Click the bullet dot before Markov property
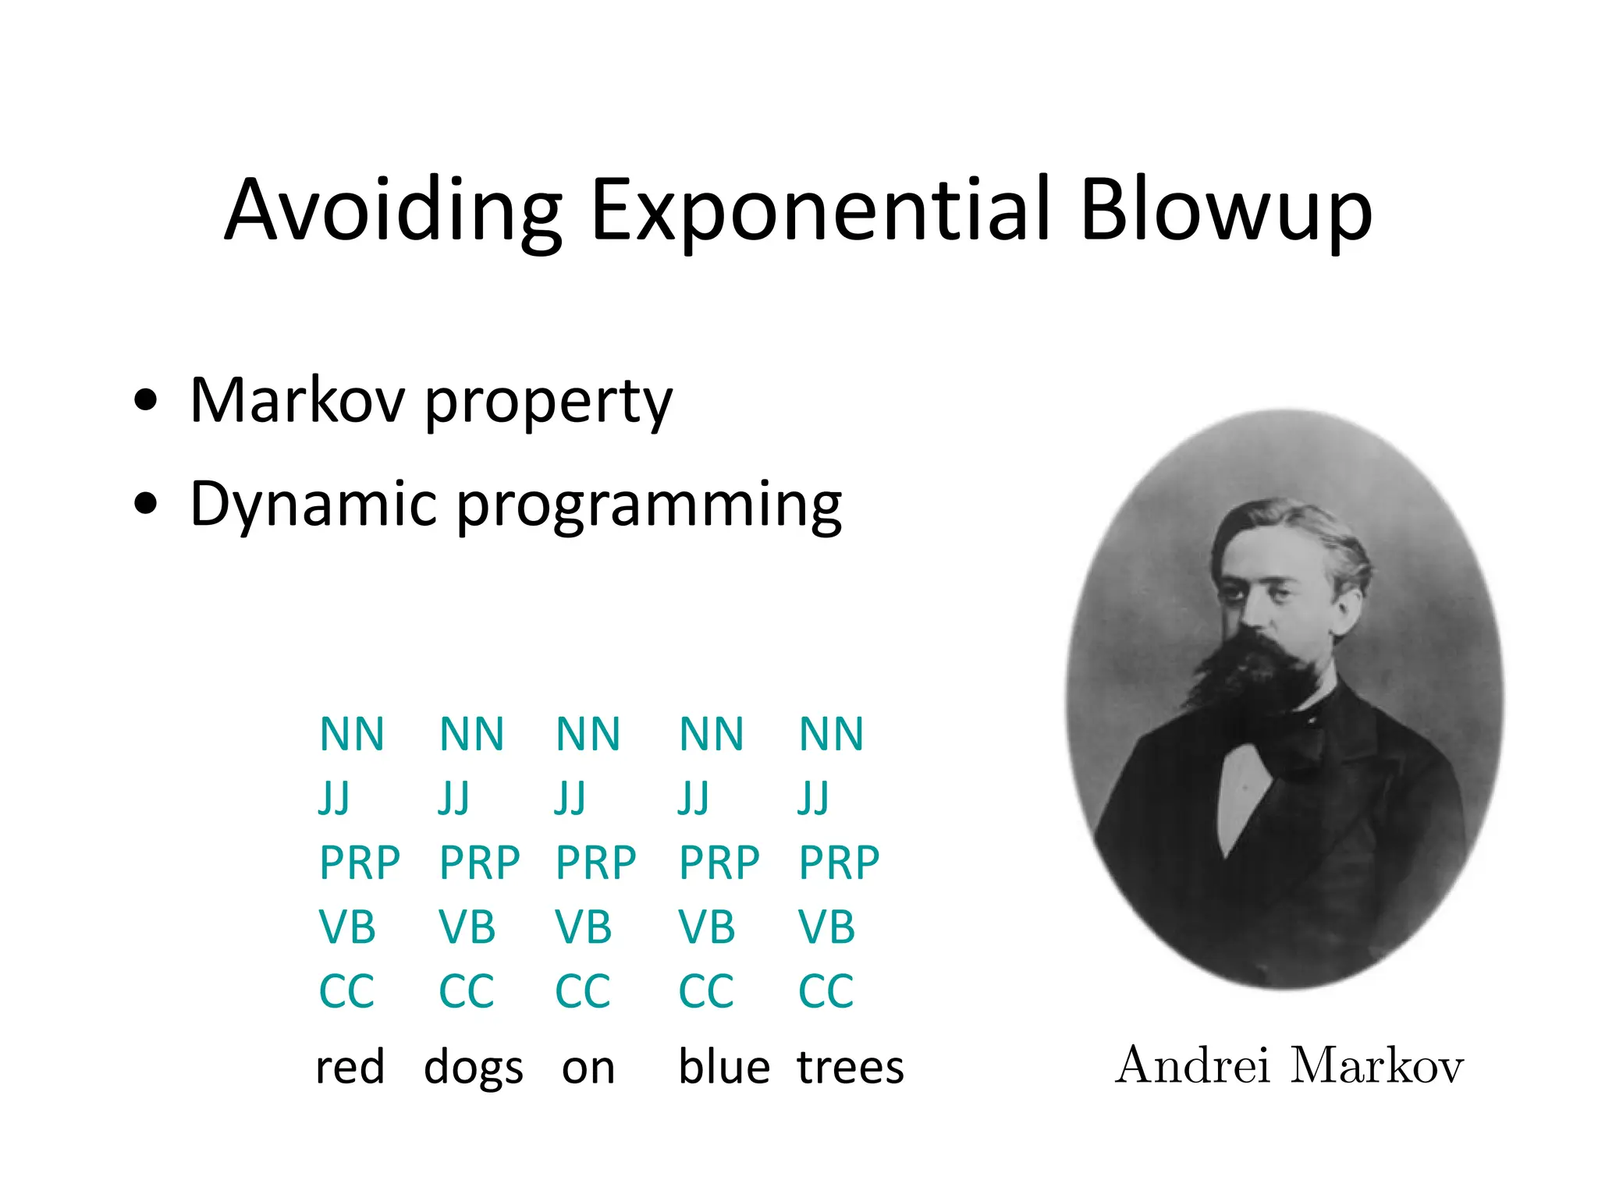(146, 402)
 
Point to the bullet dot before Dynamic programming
(146, 505)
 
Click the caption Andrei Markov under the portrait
(1289, 1065)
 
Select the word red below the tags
(350, 1068)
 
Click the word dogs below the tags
(474, 1068)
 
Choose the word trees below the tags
(850, 1068)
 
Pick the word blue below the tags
(724, 1068)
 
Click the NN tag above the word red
(352, 735)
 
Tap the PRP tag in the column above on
(596, 863)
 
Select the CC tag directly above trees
(826, 991)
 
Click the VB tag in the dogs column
(467, 927)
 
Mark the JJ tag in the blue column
(694, 799)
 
